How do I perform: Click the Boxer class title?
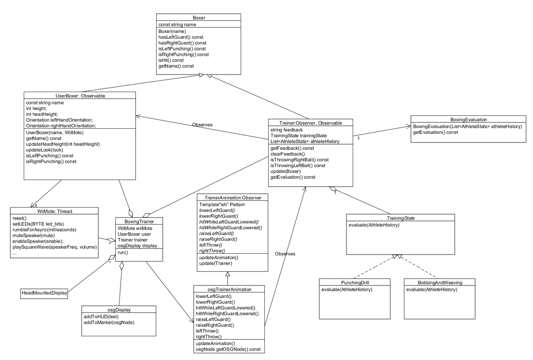[199, 18]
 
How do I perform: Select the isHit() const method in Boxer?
[171, 60]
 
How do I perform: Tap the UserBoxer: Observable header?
[80, 96]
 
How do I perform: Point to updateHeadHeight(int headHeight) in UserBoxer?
[63, 144]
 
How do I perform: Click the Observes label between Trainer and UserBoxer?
[202, 125]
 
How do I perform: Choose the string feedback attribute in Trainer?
[286, 130]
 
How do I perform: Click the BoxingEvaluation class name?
[468, 120]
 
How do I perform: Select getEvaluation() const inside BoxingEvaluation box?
[436, 132]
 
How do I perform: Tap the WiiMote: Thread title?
[55, 211]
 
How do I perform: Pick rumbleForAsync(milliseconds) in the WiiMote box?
[45, 230]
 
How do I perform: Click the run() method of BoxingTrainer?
[123, 252]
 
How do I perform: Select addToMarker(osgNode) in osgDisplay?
[109, 322]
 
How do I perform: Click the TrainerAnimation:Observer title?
[233, 197]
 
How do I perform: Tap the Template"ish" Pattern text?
[222, 205]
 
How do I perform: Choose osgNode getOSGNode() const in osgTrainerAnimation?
[228, 349]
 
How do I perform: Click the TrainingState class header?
[401, 218]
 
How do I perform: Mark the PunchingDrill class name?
[355, 282]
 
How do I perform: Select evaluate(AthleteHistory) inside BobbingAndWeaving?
[432, 290]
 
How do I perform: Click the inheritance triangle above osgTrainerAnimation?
[228, 274]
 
